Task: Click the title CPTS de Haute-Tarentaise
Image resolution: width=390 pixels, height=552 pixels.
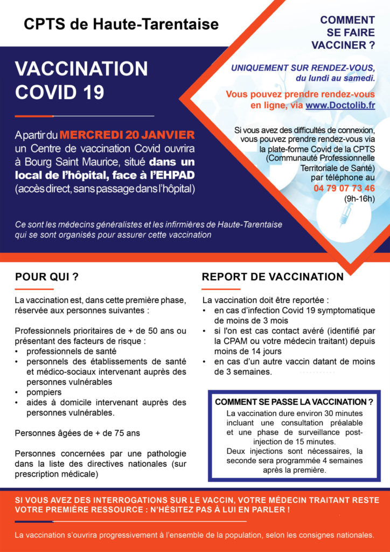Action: (x=121, y=24)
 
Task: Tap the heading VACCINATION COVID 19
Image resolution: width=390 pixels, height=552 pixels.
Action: (x=81, y=80)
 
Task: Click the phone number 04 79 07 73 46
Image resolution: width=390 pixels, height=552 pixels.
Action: (x=344, y=188)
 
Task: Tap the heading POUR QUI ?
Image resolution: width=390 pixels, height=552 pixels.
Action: (x=47, y=277)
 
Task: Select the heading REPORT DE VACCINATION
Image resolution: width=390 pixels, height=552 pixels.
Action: (x=273, y=277)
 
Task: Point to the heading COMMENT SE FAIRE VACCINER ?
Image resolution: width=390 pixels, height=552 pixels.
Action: (x=347, y=32)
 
